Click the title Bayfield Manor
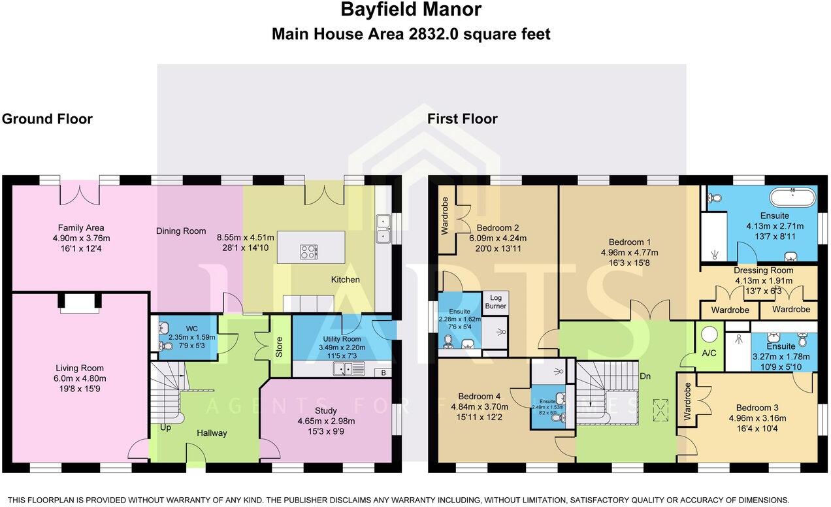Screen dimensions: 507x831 coord(411,10)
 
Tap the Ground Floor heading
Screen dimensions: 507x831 coord(47,119)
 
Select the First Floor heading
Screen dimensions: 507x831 coord(462,119)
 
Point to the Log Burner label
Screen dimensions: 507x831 coord(495,301)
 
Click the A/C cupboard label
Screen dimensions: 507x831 coord(708,353)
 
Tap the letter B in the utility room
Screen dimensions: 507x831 coord(383,372)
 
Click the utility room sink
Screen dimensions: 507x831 coord(349,370)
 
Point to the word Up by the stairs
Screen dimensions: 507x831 coord(165,427)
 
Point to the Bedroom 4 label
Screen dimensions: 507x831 coord(480,397)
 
